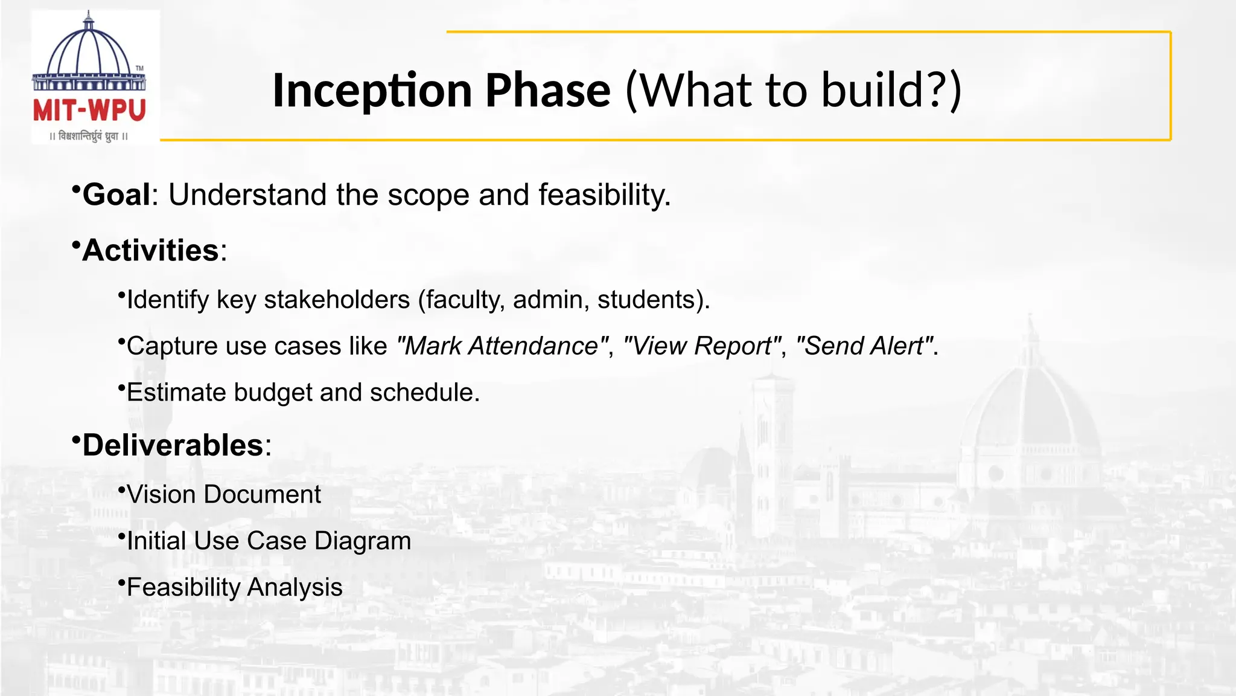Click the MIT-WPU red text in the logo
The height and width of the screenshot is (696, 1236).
pos(89,111)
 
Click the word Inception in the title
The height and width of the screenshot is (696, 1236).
pos(372,91)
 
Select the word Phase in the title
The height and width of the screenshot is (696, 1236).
pos(548,91)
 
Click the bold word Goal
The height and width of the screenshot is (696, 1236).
pos(116,195)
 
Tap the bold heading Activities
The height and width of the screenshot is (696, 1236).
pos(150,251)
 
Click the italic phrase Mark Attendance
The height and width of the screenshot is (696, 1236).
pos(502,346)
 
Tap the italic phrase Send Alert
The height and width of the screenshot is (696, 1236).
pos(864,346)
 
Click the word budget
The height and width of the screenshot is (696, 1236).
pos(273,393)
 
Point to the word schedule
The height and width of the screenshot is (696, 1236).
pos(424,393)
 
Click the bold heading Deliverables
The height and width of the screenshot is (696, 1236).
pos(173,446)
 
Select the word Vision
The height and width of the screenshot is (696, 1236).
pos(162,495)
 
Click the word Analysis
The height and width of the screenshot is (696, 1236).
pos(295,587)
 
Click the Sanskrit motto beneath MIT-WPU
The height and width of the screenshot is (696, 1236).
pos(89,137)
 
